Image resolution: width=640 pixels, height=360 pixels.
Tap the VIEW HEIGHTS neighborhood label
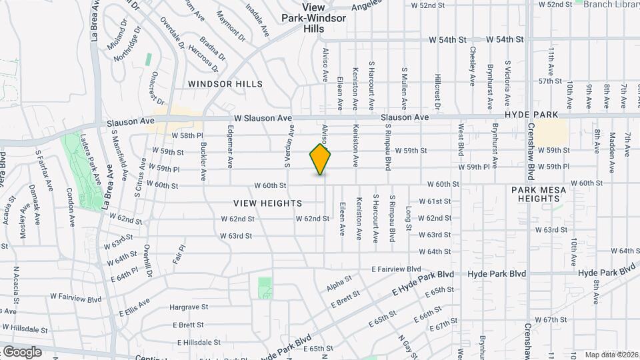tap(268, 203)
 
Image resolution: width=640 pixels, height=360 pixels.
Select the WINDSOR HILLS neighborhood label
tap(225, 84)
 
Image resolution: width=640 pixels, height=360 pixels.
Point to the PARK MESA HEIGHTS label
tap(539, 194)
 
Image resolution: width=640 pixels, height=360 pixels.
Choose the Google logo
tap(21, 351)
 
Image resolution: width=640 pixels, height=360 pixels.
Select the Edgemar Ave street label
tap(231, 146)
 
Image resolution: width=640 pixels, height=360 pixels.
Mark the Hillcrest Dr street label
tap(438, 91)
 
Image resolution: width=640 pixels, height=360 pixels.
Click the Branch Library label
tap(611, 4)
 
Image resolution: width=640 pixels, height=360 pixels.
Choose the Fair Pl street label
tap(177, 255)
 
